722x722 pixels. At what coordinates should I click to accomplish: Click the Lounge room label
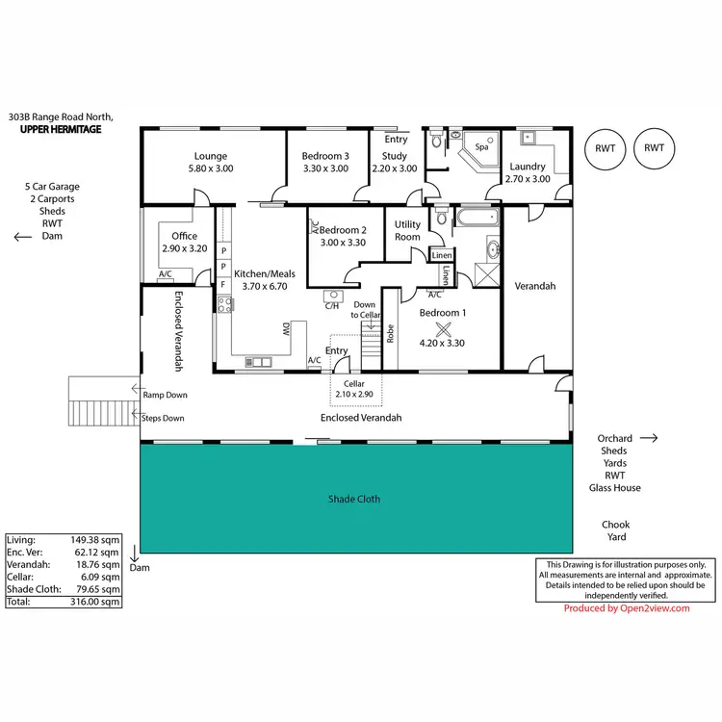click(210, 156)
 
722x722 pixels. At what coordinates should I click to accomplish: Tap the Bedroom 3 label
click(325, 156)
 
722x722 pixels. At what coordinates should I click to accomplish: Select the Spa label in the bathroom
click(481, 147)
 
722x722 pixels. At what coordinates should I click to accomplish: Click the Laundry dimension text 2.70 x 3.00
click(528, 179)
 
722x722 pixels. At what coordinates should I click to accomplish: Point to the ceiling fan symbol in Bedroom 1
click(443, 326)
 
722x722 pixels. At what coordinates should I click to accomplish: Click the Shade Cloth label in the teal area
click(354, 499)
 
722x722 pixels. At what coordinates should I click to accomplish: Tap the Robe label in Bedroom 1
click(390, 333)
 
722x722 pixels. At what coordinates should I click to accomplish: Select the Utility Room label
click(407, 230)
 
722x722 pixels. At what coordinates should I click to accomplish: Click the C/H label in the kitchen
click(332, 306)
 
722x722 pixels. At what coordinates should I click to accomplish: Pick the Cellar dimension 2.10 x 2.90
click(355, 395)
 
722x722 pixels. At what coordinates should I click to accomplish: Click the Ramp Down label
click(165, 395)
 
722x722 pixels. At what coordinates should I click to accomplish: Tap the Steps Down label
click(163, 418)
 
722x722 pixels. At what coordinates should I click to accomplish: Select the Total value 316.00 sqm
click(94, 601)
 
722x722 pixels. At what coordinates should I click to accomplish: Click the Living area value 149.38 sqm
click(94, 541)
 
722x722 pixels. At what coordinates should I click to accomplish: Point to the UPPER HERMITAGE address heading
click(61, 129)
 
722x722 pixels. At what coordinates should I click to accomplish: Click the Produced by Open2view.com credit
click(627, 608)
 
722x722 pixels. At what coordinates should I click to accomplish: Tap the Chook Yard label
click(615, 530)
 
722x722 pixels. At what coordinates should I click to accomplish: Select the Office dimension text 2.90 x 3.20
click(184, 248)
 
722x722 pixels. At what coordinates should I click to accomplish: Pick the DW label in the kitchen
click(286, 329)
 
